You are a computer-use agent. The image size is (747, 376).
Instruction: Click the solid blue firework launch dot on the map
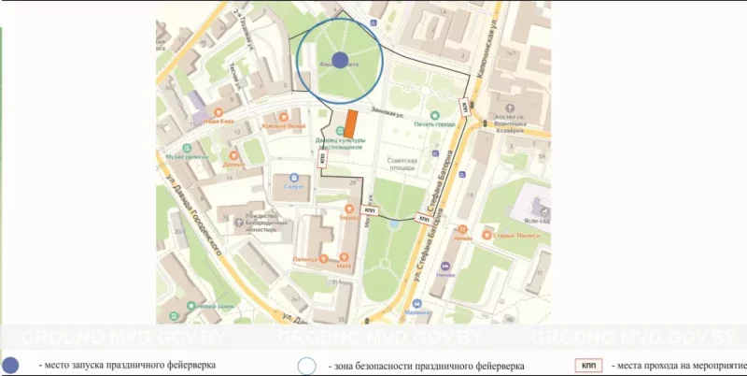click(x=340, y=60)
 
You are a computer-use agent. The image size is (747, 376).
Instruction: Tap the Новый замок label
click(x=215, y=305)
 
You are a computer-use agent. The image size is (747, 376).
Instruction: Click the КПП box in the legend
click(x=586, y=365)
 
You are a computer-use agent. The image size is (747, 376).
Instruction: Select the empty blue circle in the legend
click(x=308, y=365)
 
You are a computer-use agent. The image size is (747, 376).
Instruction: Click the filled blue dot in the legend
click(x=11, y=365)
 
